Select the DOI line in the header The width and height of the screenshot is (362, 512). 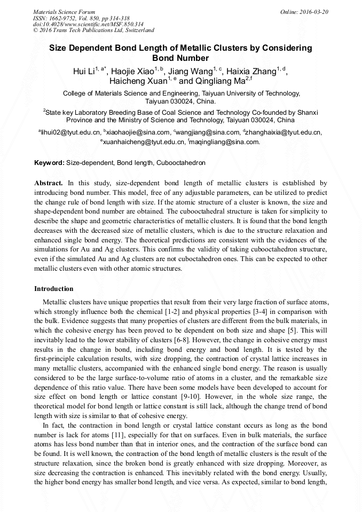[88, 24]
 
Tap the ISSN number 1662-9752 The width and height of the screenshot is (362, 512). [66, 18]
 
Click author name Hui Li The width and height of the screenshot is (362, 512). [84, 72]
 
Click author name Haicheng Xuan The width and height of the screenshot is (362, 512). [138, 82]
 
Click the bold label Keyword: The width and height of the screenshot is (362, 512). [49, 162]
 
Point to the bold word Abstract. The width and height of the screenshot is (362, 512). [49, 183]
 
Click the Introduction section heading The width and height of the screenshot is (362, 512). [54, 289]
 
